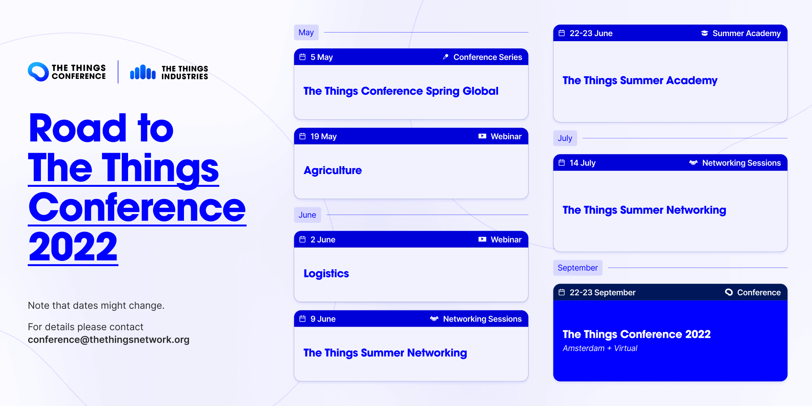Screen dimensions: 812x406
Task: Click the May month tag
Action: [306, 33]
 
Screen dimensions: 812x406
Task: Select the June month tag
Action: [307, 215]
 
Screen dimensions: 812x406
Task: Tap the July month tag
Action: [565, 138]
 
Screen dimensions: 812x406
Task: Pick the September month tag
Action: [578, 268]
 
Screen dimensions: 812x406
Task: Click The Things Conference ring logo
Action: [38, 72]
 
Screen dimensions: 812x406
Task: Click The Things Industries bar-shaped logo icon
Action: [143, 72]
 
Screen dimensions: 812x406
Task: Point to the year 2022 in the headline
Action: [73, 247]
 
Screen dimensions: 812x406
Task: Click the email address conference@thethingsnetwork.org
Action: [109, 340]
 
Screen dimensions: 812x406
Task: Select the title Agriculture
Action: [333, 170]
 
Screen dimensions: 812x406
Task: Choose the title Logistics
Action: [326, 274]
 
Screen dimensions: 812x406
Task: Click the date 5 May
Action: [322, 57]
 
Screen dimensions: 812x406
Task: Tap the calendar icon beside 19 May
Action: [303, 136]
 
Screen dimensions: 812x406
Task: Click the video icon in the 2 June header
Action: [482, 239]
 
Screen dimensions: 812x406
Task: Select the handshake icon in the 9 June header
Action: [434, 319]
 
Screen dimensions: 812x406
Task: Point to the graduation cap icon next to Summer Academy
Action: [705, 33]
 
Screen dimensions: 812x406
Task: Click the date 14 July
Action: [582, 163]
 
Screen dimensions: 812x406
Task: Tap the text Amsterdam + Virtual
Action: [600, 348]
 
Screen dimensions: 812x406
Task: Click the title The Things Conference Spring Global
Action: [401, 91]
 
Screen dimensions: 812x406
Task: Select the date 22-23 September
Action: [602, 293]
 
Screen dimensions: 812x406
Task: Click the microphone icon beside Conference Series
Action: [446, 57]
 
